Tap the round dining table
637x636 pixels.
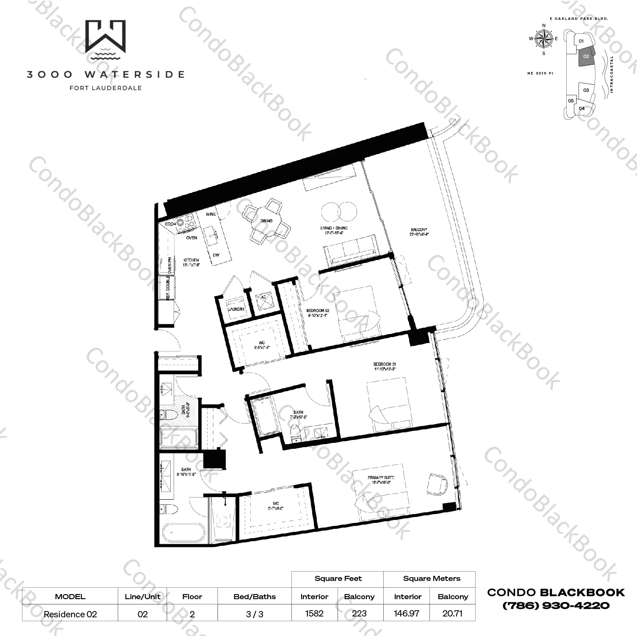tap(266, 221)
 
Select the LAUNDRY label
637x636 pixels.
tap(236, 309)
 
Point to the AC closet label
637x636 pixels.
tap(263, 297)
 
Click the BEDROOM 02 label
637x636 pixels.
tap(317, 310)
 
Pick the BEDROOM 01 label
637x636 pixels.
tap(385, 364)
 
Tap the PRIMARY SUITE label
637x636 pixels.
tap(381, 478)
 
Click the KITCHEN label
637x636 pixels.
tap(191, 260)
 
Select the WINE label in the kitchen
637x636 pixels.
tap(210, 214)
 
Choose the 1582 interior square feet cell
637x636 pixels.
tap(314, 614)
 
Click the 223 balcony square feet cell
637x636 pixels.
tap(359, 614)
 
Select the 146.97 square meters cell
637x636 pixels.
tap(407, 614)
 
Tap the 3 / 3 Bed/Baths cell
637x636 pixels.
tap(255, 614)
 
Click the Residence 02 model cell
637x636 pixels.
tap(70, 614)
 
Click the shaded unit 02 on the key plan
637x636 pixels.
tap(587, 56)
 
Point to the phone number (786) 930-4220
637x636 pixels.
tap(556, 605)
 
